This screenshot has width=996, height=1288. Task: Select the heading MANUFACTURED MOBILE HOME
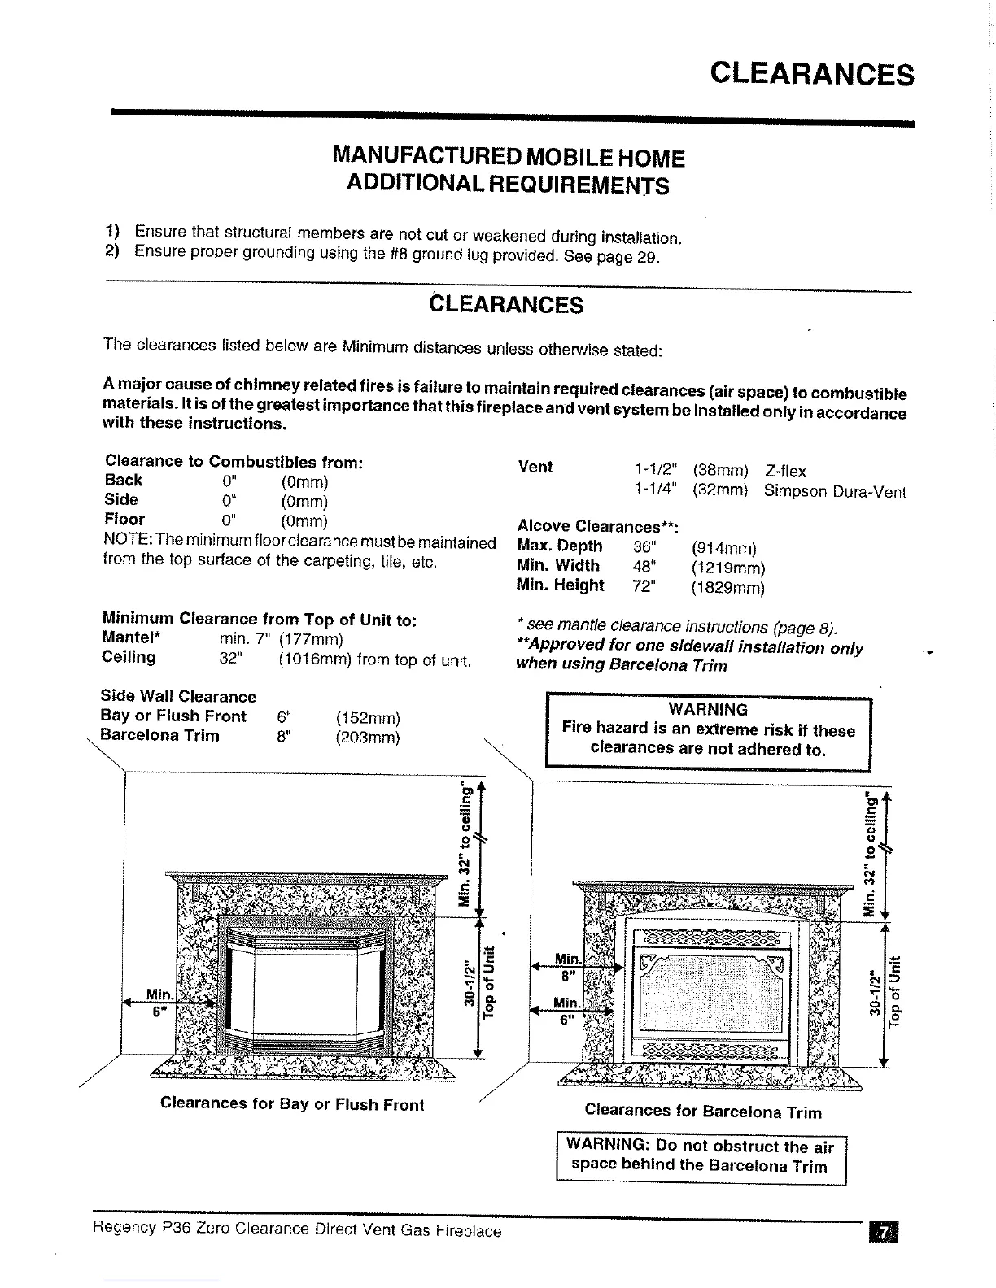pos(509,157)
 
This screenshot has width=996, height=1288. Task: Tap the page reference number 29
pos(648,258)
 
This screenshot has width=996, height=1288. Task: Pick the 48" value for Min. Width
pos(643,566)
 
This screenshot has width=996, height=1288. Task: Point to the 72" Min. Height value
pos(643,585)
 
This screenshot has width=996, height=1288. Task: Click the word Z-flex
pos(785,471)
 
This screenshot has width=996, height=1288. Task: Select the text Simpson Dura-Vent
pos(834,491)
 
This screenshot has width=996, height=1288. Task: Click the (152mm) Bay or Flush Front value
pos(368,718)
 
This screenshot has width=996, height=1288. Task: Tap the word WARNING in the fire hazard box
pos(707,709)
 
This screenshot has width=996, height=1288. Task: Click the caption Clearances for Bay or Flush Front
pos(292,1104)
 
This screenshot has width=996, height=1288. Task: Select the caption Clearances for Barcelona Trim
pos(703,1112)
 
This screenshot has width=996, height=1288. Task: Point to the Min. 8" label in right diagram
pos(566,966)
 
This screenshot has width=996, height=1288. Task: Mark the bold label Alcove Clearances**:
pos(598,526)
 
